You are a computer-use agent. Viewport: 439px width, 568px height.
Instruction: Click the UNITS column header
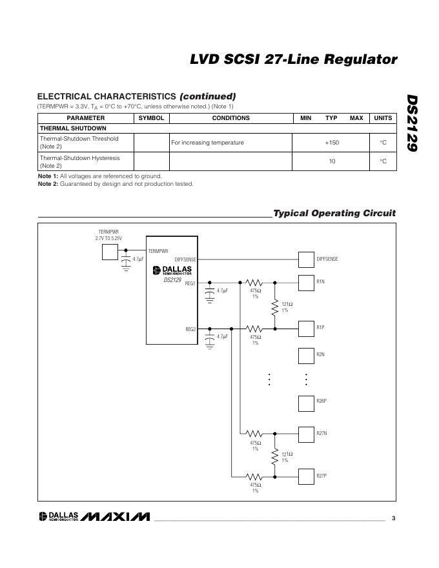pyautogui.click(x=383, y=118)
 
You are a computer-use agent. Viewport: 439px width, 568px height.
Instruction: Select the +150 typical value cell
pyautogui.click(x=332, y=143)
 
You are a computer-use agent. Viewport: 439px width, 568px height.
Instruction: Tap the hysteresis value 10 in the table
pyautogui.click(x=332, y=161)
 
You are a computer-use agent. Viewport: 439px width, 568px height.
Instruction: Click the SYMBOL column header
pyautogui.click(x=151, y=118)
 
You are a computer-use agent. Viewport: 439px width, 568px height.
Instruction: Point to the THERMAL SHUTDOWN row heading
pyautogui.click(x=73, y=128)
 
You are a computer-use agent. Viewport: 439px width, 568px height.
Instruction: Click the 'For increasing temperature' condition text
pyautogui.click(x=207, y=143)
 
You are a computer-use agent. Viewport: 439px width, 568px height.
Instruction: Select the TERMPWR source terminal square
pyautogui.click(x=110, y=251)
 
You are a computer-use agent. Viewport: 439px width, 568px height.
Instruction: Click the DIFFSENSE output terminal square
pyautogui.click(x=306, y=259)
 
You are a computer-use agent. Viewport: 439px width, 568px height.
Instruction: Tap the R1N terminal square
pyautogui.click(x=306, y=282)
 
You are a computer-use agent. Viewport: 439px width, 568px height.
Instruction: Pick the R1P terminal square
pyautogui.click(x=306, y=328)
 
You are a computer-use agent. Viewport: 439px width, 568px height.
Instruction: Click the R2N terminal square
pyautogui.click(x=306, y=356)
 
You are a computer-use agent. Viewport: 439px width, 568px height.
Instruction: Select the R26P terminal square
pyautogui.click(x=306, y=403)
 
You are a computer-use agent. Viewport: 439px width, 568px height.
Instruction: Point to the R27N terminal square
pyautogui.click(x=306, y=433)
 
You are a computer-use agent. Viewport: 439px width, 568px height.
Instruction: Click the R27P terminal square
pyautogui.click(x=306, y=476)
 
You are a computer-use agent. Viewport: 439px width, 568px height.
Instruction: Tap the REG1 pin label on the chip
pyautogui.click(x=190, y=283)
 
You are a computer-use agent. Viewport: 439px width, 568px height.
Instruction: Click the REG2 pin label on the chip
pyautogui.click(x=190, y=329)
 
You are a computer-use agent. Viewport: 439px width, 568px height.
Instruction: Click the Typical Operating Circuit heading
pyautogui.click(x=334, y=213)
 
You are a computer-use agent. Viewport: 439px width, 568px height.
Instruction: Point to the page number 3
pyautogui.click(x=393, y=518)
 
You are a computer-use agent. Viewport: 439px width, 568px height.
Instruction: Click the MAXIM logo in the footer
pyautogui.click(x=116, y=517)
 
